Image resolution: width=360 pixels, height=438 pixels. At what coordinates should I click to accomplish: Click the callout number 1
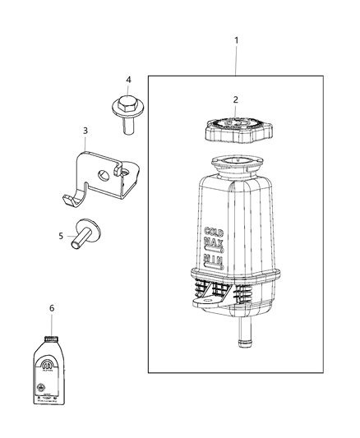tap(237, 40)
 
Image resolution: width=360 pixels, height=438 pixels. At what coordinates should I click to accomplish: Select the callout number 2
tap(235, 99)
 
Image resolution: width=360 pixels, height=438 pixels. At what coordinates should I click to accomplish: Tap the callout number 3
tap(85, 130)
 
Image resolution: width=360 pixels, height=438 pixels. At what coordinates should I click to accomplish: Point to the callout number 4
tap(127, 80)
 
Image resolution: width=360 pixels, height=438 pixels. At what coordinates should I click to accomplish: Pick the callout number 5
tap(60, 237)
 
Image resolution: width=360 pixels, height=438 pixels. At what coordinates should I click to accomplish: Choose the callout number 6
tap(51, 308)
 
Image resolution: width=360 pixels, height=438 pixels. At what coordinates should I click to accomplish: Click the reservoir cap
tap(235, 131)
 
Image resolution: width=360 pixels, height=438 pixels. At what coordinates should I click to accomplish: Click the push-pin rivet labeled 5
tap(84, 234)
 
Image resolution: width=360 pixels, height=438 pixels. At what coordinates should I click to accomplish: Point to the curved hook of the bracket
tap(72, 200)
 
